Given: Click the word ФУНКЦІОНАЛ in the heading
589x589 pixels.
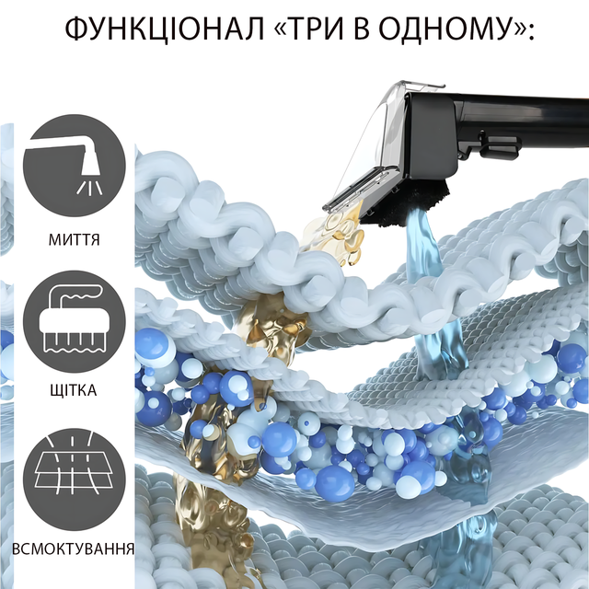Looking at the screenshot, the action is (165, 29).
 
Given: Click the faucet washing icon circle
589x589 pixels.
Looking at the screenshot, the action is (75, 166).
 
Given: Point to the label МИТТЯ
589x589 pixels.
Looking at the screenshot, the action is (75, 239).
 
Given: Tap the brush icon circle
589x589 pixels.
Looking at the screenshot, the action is (75, 321).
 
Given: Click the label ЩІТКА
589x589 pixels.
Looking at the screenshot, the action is (74, 390).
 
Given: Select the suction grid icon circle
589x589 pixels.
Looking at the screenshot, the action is (75, 479).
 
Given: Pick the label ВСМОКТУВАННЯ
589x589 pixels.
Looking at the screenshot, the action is (74, 549).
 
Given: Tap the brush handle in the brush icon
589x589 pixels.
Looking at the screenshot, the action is (75, 293).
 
